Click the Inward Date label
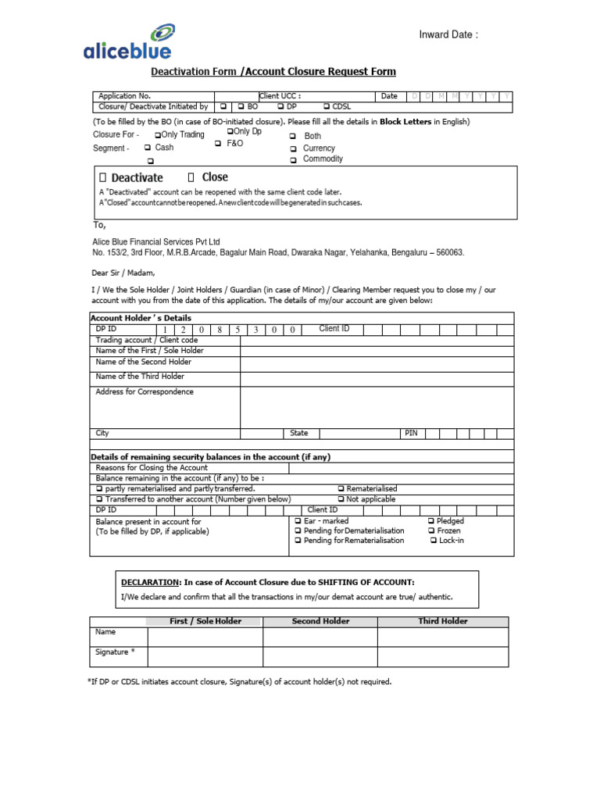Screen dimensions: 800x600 coord(448,34)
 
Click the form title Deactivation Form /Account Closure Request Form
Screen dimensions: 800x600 coord(273,72)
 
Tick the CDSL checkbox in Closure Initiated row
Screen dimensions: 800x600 coord(327,106)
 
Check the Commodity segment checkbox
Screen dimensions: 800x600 coord(293,159)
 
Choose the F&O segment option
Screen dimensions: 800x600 coord(220,144)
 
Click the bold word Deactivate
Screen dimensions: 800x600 coord(137,177)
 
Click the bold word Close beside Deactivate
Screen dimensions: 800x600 coord(215,177)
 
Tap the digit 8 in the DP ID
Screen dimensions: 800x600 coord(221,330)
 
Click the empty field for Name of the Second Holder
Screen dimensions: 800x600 coord(377,362)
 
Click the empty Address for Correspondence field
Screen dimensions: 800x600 coord(377,406)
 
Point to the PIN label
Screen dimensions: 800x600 coord(411,433)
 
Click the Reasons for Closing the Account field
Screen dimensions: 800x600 coord(401,468)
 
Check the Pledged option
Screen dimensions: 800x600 coord(431,521)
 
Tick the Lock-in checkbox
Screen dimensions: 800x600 coord(434,541)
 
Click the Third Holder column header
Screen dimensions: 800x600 coord(443,621)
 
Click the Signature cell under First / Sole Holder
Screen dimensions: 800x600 coord(205,656)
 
